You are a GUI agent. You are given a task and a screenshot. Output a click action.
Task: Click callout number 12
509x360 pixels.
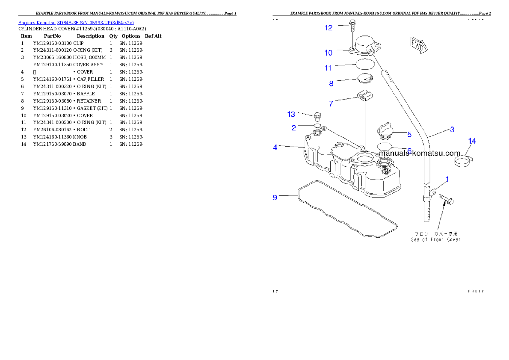click(x=328, y=28)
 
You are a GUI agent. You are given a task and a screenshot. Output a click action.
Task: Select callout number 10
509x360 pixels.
click(x=328, y=53)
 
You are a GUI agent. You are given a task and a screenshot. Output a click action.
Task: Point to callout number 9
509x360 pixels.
click(x=275, y=197)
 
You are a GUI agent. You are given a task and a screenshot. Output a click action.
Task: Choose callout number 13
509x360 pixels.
click(x=291, y=114)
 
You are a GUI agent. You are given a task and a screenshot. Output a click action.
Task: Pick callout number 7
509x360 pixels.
click(x=331, y=103)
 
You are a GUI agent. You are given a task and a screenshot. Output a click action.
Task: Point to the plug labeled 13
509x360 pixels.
click(x=317, y=116)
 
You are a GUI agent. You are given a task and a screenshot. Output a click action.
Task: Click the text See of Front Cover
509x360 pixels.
click(x=436, y=240)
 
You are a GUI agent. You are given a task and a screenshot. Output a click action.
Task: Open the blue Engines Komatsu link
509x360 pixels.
click(x=76, y=22)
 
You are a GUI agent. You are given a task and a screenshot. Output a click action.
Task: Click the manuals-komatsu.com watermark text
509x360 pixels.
click(x=420, y=153)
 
